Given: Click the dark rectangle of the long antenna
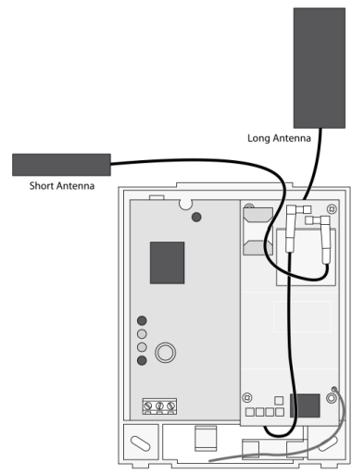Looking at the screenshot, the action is (320, 68).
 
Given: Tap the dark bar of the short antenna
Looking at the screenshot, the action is (61, 165).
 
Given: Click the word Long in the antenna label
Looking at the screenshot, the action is (257, 138).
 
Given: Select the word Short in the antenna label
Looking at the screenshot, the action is (40, 186).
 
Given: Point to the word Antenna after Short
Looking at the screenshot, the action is (73, 186).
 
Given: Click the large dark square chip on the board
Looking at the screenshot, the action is (167, 263).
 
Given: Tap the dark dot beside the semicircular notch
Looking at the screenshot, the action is (196, 218).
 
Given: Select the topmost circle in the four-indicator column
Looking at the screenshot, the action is (142, 320).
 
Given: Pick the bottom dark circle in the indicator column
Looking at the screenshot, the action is (142, 360).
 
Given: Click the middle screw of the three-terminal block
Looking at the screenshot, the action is (159, 406).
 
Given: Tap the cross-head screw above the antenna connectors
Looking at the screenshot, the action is (332, 209).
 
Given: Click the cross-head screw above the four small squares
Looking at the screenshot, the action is (247, 397).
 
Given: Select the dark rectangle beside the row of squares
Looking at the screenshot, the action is (305, 405).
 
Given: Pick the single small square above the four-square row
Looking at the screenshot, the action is (279, 401).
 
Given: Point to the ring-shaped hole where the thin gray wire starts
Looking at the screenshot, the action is (331, 398).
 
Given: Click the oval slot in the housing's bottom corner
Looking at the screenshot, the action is (141, 443).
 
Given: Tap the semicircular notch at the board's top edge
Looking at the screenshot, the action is (185, 205).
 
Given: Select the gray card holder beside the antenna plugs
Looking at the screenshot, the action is (257, 231).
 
